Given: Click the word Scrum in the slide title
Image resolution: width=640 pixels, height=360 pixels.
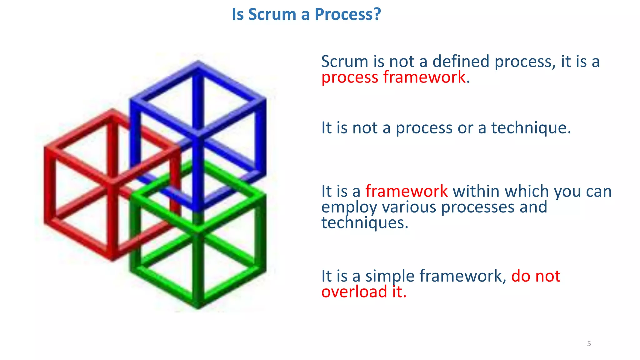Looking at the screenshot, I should (272, 14).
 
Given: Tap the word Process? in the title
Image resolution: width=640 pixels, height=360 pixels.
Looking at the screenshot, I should (347, 14).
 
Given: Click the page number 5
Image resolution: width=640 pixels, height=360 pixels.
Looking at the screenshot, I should (589, 344).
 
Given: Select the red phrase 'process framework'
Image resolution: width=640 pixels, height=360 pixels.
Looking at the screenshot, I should (393, 77).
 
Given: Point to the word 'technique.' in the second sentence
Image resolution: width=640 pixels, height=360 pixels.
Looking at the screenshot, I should (531, 128).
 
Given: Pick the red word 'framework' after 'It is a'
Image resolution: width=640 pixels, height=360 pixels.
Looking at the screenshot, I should (406, 191).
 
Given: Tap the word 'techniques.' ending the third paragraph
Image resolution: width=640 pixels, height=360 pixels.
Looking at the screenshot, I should (364, 223).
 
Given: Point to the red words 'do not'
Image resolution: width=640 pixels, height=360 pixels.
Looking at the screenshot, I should (536, 276).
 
